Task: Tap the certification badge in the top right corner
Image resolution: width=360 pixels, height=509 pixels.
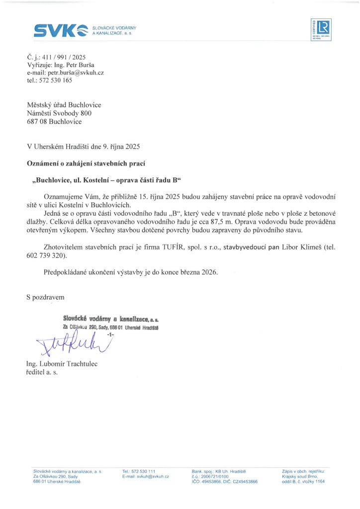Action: coord(321,30)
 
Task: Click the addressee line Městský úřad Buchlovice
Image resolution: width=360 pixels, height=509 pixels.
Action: coord(64,105)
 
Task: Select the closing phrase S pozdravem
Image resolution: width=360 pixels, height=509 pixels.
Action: coord(45,297)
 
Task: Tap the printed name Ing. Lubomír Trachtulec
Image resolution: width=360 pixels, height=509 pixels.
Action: coord(62,364)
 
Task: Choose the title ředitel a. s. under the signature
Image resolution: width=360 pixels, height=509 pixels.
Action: coord(42,372)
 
